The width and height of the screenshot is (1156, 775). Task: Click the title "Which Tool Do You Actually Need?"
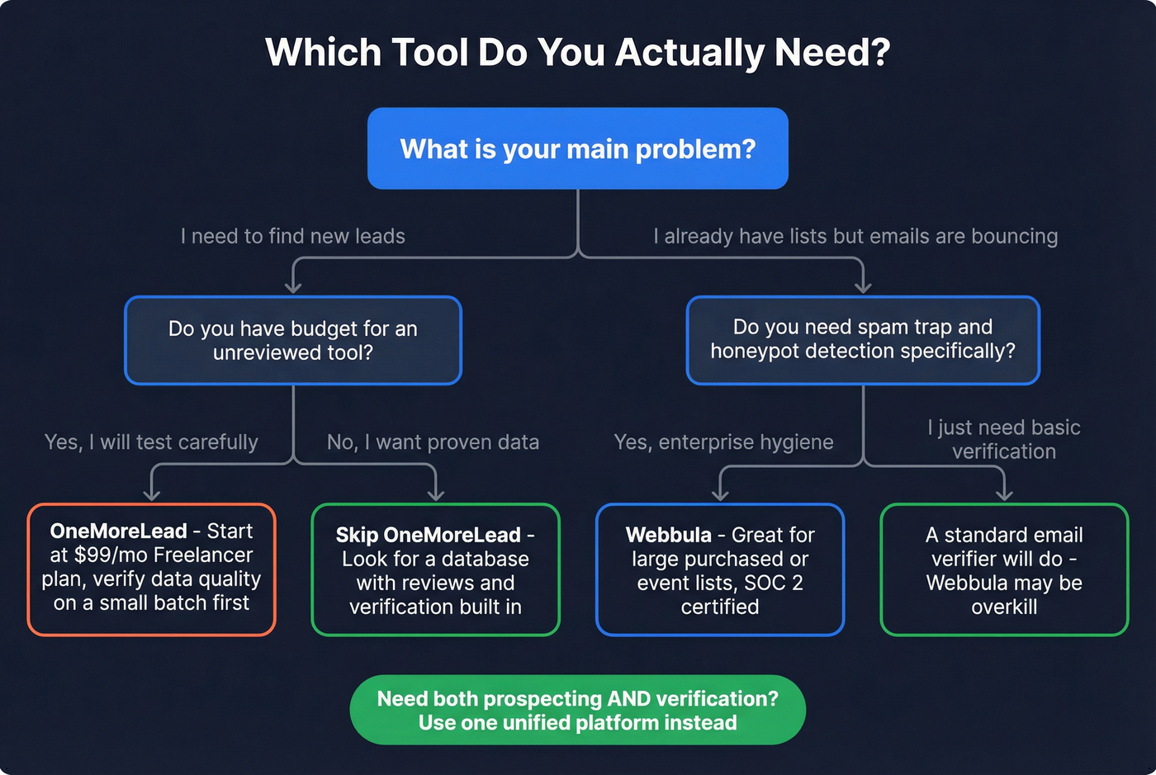tap(577, 53)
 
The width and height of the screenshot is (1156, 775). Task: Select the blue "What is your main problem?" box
tap(577, 149)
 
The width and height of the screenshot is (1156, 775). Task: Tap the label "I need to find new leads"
tap(293, 236)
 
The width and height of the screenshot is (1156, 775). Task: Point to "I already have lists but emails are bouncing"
tap(855, 236)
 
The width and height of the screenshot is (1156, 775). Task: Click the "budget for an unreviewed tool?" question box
tap(293, 340)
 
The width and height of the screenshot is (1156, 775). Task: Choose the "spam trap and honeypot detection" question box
tap(863, 339)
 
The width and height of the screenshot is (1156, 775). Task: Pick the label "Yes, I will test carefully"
tap(151, 442)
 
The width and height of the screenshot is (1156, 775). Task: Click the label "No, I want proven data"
tap(433, 442)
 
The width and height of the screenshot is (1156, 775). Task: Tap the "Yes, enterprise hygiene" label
tap(723, 442)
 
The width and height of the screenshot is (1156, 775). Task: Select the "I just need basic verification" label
tap(1004, 439)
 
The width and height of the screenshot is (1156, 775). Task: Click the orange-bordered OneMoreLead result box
tap(151, 569)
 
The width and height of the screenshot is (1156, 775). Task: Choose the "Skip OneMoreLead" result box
tap(435, 569)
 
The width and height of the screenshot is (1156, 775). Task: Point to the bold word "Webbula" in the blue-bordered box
tap(668, 535)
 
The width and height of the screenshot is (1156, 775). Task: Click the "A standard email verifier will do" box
tap(1004, 569)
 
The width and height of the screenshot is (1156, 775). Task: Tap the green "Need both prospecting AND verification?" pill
tap(577, 710)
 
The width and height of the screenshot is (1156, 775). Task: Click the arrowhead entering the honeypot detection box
tap(863, 287)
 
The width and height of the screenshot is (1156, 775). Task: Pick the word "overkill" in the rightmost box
tap(1004, 607)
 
